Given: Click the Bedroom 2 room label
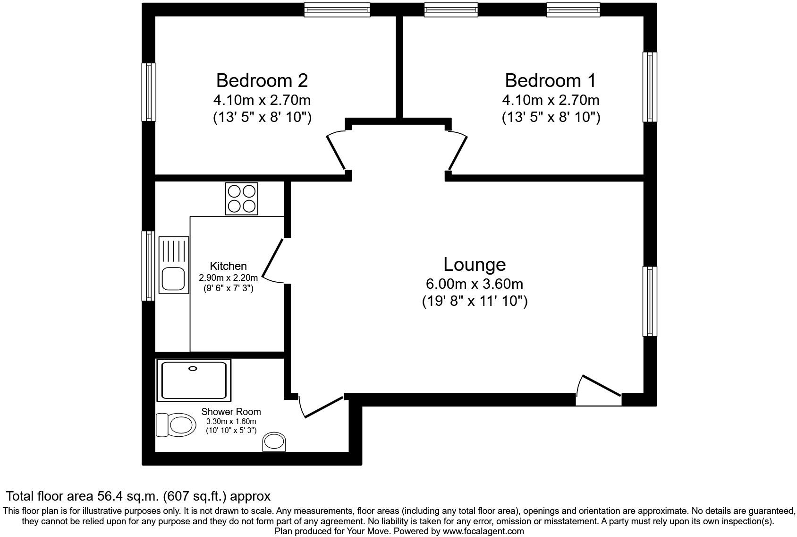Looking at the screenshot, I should pyautogui.click(x=262, y=80).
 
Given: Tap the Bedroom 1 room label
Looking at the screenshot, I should pyautogui.click(x=551, y=80).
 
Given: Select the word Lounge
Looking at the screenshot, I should pyautogui.click(x=475, y=264).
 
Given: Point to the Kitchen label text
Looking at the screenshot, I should pyautogui.click(x=228, y=266).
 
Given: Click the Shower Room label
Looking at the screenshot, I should pyautogui.click(x=231, y=412).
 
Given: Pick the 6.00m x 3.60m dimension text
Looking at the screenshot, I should pyautogui.click(x=475, y=284).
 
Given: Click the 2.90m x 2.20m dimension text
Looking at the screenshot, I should pyautogui.click(x=228, y=278).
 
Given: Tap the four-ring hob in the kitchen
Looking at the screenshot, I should pyautogui.click(x=242, y=199).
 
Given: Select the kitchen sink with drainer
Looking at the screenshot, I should pyautogui.click(x=173, y=265).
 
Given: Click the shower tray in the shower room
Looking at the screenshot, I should pyautogui.click(x=194, y=380).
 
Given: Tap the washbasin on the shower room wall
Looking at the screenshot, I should pyautogui.click(x=274, y=442).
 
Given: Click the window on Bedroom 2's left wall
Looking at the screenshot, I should pyautogui.click(x=149, y=92).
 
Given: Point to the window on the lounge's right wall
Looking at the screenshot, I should pyautogui.click(x=650, y=301).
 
